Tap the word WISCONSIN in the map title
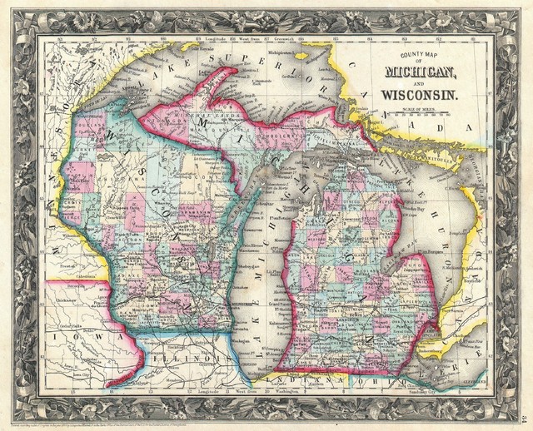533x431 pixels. [418, 97]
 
